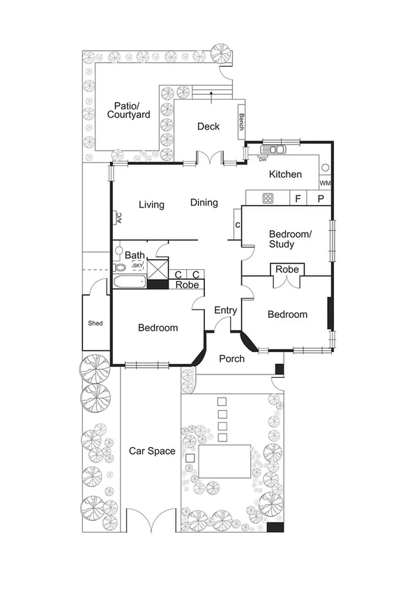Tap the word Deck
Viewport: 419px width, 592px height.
click(208, 126)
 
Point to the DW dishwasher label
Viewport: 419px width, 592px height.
click(263, 160)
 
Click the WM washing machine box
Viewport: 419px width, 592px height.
click(325, 183)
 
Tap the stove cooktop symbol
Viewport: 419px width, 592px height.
click(268, 199)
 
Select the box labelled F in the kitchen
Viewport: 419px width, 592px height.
click(298, 199)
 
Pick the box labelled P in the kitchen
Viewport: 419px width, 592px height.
click(321, 199)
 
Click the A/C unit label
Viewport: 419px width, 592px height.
click(119, 218)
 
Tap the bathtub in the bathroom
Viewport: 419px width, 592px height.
click(129, 282)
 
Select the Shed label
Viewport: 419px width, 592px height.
click(95, 324)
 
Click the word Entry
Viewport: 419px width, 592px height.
click(226, 310)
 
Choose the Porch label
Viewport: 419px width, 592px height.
click(231, 358)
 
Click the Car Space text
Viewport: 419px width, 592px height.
click(152, 451)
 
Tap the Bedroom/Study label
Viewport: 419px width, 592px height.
click(291, 239)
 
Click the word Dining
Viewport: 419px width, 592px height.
click(204, 202)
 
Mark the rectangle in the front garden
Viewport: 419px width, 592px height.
click(224, 462)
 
